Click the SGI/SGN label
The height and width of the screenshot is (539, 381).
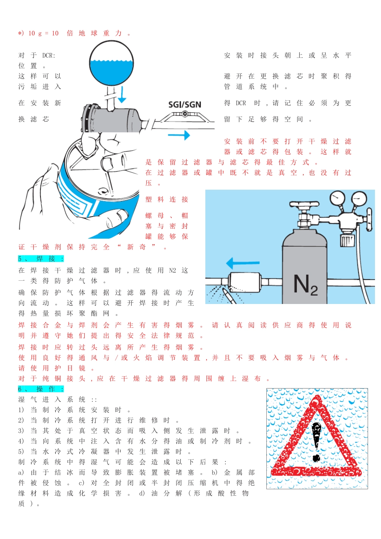(x=184, y=104)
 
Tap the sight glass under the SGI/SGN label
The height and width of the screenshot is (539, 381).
(x=184, y=114)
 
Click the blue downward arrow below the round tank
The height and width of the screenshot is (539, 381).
(x=122, y=95)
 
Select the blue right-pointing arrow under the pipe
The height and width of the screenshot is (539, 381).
(x=179, y=135)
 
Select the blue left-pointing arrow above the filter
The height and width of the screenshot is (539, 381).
(x=243, y=263)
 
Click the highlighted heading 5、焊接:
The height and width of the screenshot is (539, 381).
(x=41, y=259)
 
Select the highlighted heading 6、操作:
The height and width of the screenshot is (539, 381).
(x=41, y=389)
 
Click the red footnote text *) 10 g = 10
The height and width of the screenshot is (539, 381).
(x=39, y=33)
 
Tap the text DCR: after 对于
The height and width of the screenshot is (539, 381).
(x=49, y=56)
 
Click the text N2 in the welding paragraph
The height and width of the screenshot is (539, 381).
(x=172, y=270)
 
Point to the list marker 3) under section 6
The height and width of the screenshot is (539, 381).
(x=21, y=431)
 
